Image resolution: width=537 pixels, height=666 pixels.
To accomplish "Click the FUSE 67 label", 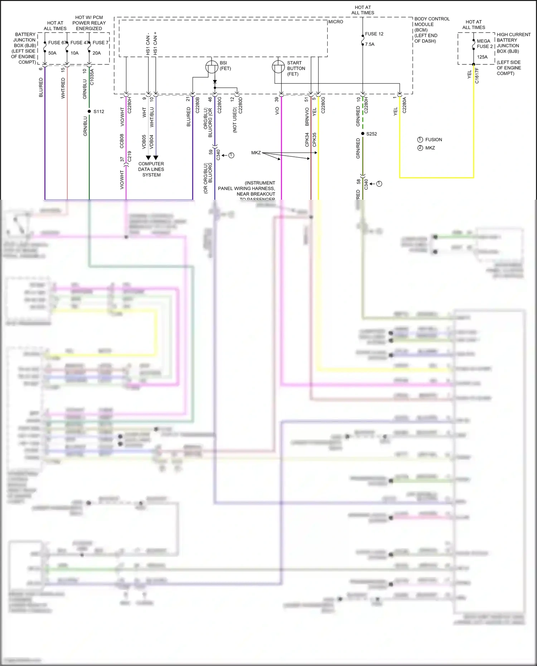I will (x=57, y=43).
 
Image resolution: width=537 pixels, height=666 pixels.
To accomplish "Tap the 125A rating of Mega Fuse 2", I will (x=482, y=57).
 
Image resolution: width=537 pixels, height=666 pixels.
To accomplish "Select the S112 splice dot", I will (x=89, y=111).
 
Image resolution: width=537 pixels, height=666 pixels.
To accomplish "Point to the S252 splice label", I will (x=372, y=134).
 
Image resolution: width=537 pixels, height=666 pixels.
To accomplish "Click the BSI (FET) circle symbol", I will (x=212, y=67).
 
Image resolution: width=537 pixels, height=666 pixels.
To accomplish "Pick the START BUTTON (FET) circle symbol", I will (x=278, y=67).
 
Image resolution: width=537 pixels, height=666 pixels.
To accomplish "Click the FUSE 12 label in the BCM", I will (x=374, y=34).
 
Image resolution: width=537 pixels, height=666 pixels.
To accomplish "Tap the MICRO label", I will (x=336, y=22).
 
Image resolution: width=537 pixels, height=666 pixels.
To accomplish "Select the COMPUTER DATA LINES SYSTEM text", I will (x=151, y=169).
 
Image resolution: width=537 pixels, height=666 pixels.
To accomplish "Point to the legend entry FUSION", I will (x=434, y=140).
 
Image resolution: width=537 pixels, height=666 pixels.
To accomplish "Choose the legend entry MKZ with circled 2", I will (x=430, y=148).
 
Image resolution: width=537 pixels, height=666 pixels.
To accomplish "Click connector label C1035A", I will (x=92, y=77).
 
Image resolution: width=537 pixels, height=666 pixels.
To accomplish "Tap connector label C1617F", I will (x=477, y=76).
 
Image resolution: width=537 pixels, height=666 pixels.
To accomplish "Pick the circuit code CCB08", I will (x=122, y=141).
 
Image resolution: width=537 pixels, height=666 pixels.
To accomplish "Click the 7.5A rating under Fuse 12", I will (x=370, y=44).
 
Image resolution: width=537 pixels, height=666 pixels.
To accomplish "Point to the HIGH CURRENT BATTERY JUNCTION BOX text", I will (x=513, y=43).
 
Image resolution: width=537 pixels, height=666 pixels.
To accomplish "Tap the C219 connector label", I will (x=129, y=156).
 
